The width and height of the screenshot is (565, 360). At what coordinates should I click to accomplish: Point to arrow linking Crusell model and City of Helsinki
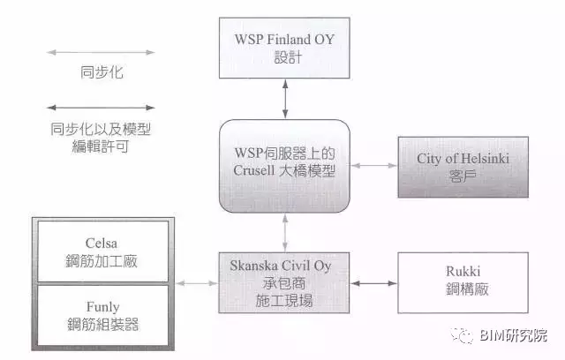(371, 166)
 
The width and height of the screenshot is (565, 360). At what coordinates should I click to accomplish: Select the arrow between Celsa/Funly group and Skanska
(196, 283)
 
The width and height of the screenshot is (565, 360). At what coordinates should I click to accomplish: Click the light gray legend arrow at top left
(101, 52)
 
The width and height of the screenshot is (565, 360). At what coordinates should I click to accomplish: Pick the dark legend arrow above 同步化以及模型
(101, 109)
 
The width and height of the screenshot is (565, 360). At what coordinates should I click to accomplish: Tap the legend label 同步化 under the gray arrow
(101, 72)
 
